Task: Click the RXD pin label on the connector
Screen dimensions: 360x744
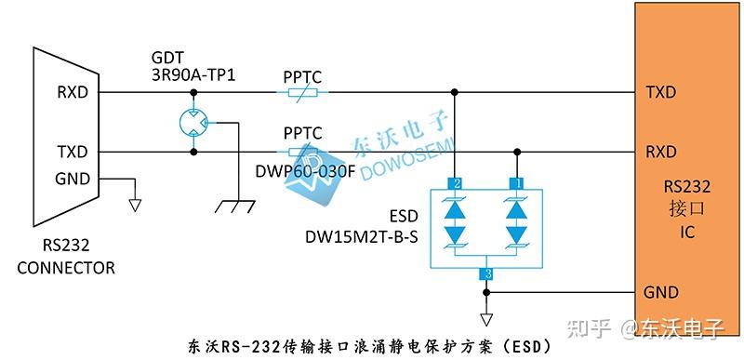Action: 72,92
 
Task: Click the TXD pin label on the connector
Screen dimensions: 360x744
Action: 72,152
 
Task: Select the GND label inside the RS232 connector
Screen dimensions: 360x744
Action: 72,178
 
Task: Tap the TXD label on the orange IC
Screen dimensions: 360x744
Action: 660,92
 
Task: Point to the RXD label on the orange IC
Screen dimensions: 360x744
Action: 660,152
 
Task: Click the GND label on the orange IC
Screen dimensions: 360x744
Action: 660,292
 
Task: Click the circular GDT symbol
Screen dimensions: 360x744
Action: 193,122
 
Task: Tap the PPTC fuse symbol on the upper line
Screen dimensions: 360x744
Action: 299,92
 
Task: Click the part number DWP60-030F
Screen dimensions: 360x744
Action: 306,171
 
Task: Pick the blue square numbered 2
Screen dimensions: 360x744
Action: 455,182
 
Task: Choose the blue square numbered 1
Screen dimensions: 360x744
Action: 517,182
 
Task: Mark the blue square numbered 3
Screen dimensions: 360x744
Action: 485,273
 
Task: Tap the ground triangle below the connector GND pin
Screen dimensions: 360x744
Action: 136,204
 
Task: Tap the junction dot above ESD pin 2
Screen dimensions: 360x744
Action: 455,92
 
